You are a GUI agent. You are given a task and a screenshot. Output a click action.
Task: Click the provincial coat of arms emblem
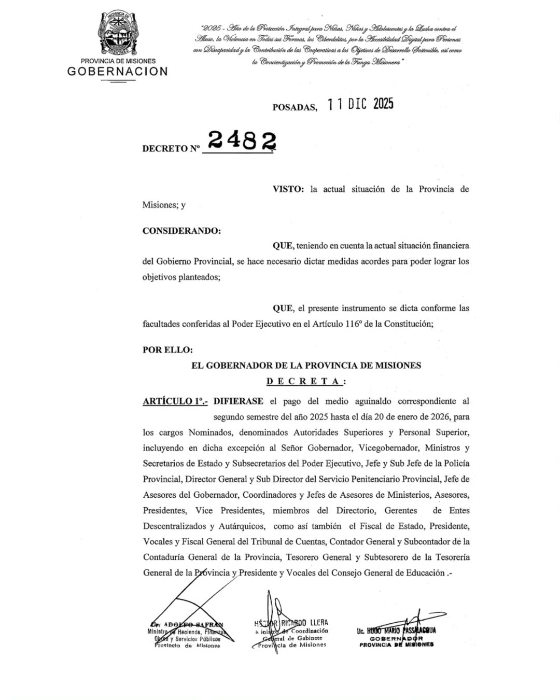(117, 33)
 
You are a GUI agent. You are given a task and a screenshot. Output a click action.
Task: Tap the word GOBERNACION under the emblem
(118, 72)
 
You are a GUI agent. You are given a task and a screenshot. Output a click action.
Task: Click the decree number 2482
(242, 140)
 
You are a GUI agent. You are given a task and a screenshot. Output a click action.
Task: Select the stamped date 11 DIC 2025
(360, 104)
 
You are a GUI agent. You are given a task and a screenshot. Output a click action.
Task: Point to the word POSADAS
(295, 107)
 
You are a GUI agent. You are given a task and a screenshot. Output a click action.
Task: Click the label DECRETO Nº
(171, 148)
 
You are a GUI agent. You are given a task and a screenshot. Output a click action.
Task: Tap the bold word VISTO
(288, 189)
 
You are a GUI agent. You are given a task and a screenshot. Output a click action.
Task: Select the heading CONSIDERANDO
(181, 231)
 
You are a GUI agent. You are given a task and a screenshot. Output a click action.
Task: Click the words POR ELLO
(167, 350)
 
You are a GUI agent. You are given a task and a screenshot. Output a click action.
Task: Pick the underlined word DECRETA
(305, 382)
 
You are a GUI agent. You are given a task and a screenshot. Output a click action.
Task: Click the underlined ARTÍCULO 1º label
(175, 401)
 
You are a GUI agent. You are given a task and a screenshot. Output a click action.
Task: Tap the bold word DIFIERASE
(238, 401)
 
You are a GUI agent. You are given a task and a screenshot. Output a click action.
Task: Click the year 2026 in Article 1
(442, 417)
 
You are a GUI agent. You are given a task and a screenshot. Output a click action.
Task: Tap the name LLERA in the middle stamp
(319, 622)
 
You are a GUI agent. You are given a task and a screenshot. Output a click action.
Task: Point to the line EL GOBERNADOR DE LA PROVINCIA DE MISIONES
(306, 366)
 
